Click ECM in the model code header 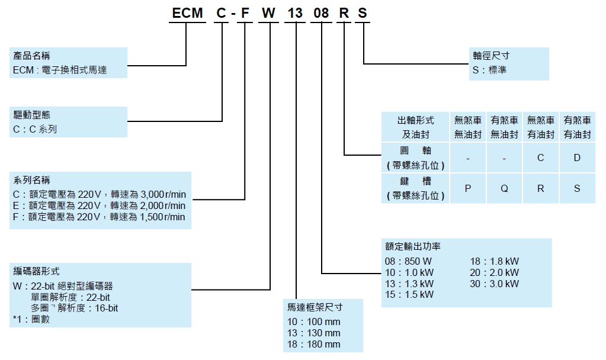187,13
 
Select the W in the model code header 268,13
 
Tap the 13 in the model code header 295,13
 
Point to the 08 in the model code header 321,13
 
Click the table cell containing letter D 577,157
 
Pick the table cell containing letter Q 504,188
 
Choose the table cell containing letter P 467,188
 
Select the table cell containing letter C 541,157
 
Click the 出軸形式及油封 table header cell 415,127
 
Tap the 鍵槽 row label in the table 415,188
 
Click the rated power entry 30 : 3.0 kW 494,284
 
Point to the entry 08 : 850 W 408,261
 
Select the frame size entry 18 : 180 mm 313,344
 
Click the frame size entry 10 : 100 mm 313,322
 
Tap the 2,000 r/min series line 99,205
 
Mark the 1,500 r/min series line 99,217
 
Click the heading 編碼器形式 36,271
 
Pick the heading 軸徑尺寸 491,56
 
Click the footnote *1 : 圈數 31,319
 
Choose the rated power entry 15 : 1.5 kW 409,294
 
